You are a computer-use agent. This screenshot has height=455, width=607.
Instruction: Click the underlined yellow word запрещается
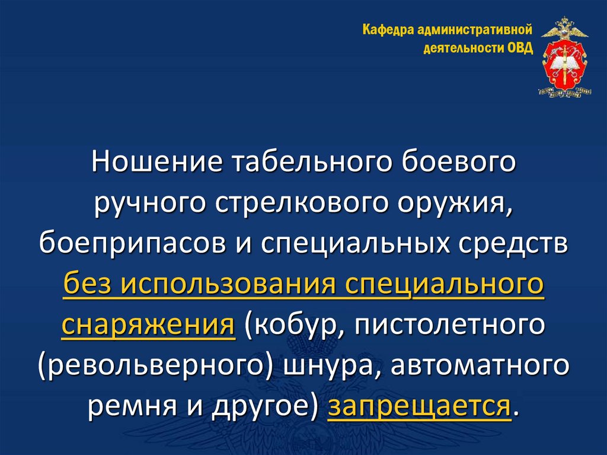point(419,406)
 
